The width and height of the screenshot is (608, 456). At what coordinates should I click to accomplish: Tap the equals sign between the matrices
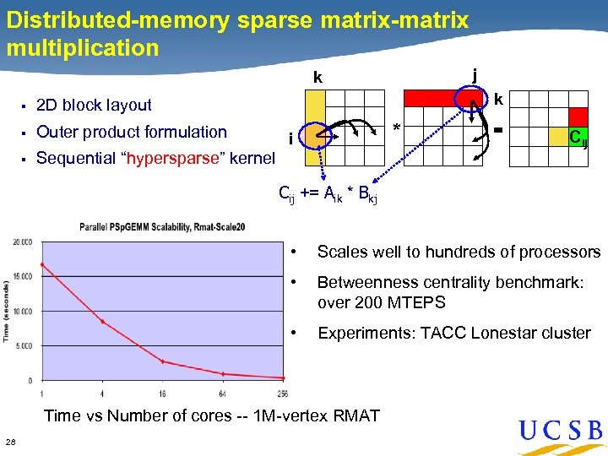(498, 130)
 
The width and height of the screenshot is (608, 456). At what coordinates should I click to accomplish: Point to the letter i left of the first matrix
(290, 138)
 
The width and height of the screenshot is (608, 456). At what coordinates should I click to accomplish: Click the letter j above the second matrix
(475, 75)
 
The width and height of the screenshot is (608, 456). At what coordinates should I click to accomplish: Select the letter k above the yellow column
(318, 78)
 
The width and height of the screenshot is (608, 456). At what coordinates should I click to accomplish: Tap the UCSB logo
(561, 431)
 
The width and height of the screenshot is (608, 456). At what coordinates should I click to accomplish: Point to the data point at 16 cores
(163, 361)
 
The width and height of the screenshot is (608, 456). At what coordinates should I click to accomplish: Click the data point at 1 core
(41, 264)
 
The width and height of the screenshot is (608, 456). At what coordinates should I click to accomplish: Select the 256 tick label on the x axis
(284, 393)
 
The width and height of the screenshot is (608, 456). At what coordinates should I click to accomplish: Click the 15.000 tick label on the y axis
(23, 276)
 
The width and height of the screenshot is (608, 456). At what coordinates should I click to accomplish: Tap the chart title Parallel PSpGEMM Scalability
(161, 226)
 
